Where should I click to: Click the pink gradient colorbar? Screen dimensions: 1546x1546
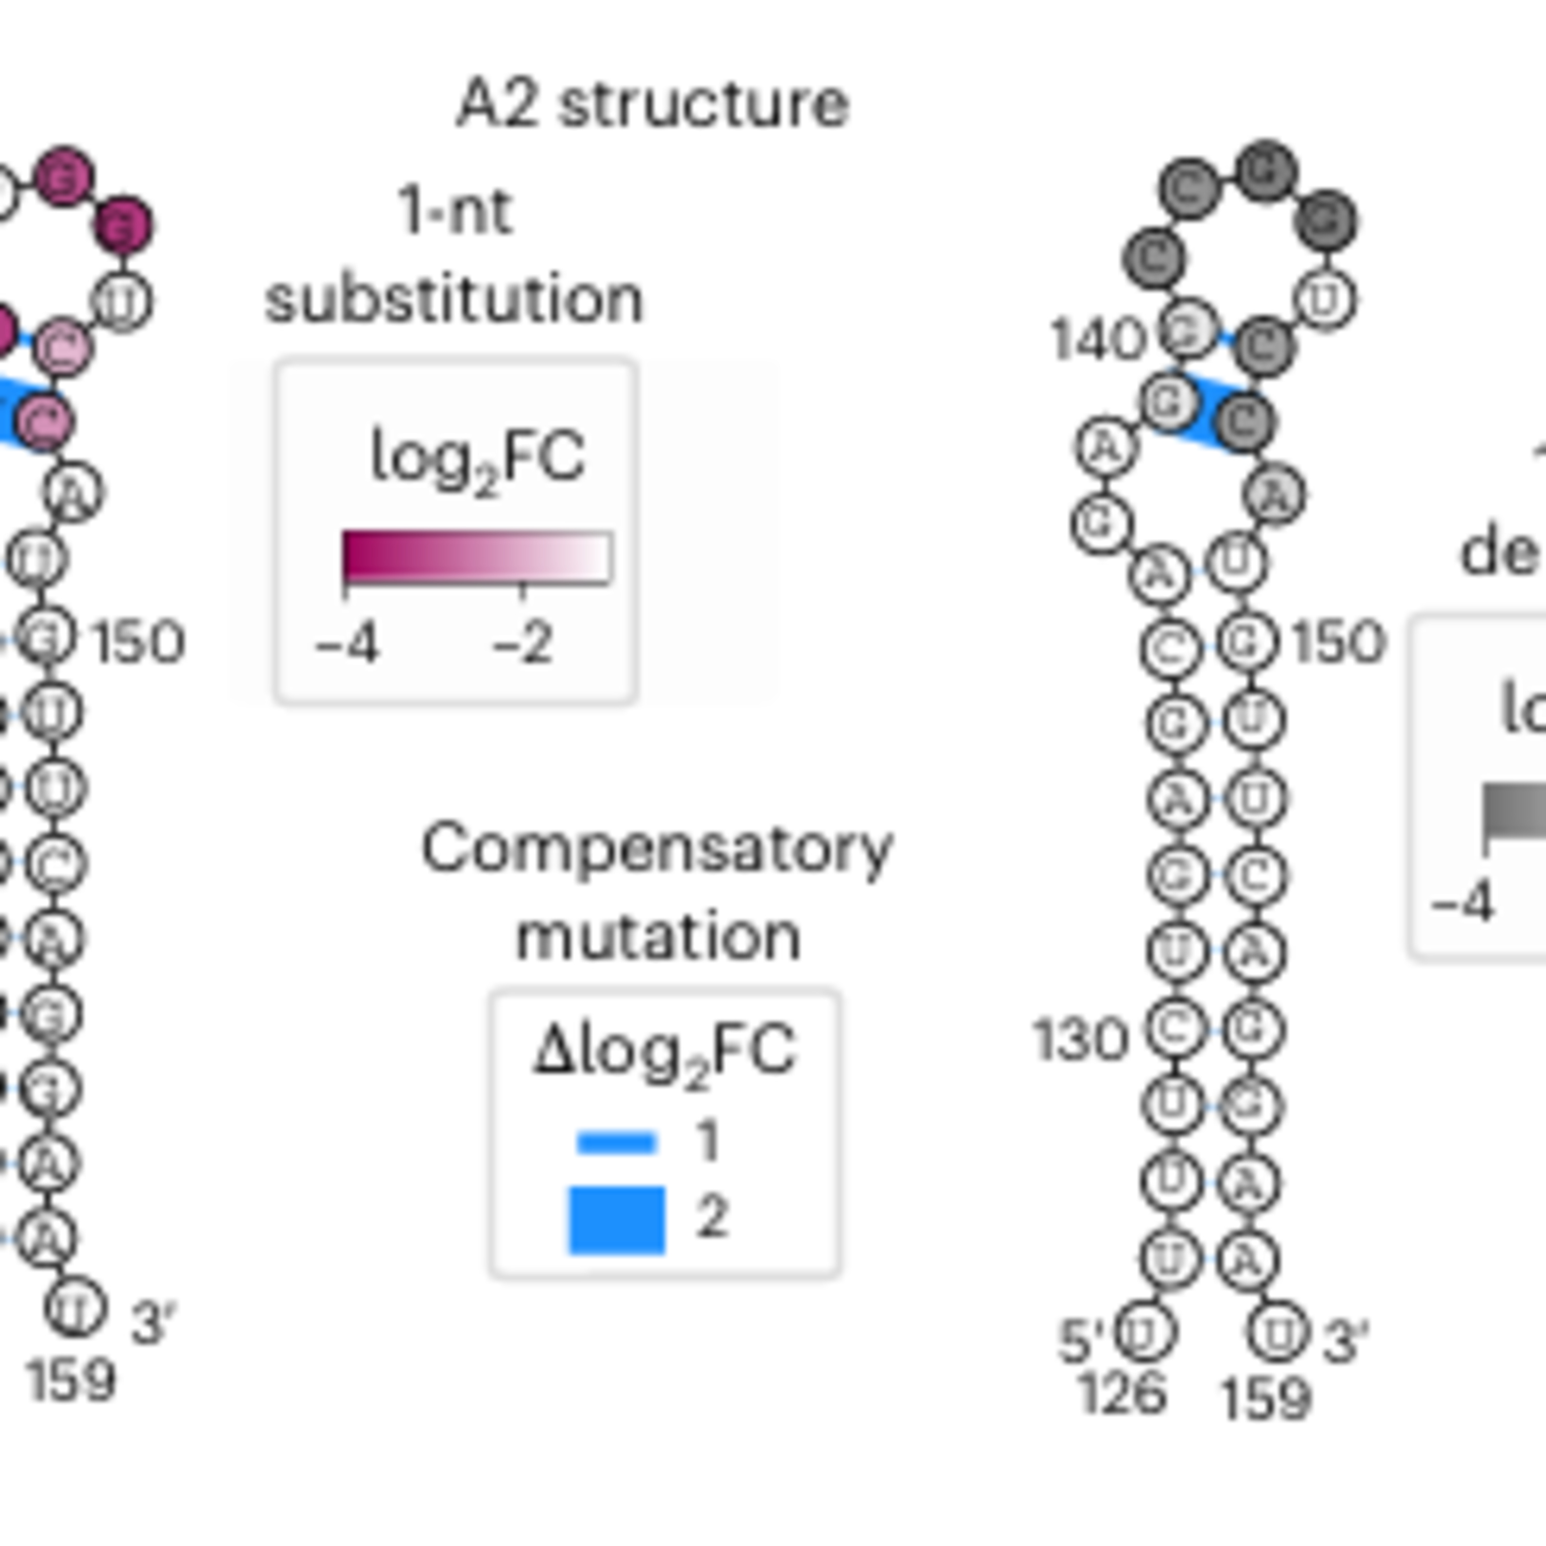coord(477,556)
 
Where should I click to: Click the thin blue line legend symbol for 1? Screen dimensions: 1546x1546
coord(616,1142)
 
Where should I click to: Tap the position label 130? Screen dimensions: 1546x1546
coord(1080,1041)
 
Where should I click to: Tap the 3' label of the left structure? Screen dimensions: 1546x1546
coord(154,1323)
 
